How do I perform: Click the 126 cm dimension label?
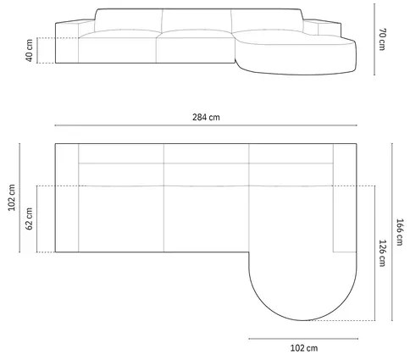click(x=382, y=253)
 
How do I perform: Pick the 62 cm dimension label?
click(x=30, y=218)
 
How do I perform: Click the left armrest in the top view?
click(x=67, y=199)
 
